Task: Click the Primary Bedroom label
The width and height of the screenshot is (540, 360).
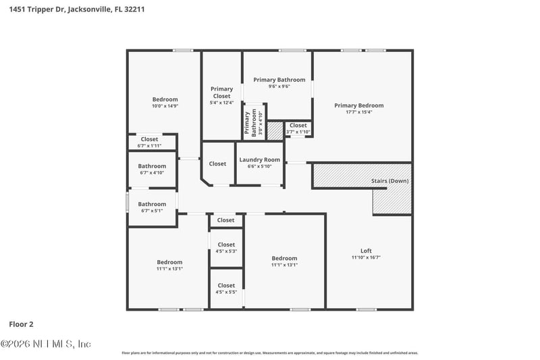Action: tap(358, 105)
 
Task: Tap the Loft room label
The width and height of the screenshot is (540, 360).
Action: tap(366, 251)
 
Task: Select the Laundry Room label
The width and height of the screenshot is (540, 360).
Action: tap(259, 160)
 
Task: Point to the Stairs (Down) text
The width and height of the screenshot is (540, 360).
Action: tap(389, 181)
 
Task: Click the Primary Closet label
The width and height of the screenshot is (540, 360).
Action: tap(221, 93)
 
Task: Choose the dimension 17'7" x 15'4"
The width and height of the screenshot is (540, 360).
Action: tap(358, 113)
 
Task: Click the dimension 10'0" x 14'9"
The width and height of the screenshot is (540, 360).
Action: tap(165, 106)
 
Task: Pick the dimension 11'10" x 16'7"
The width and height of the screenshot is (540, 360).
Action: tap(366, 257)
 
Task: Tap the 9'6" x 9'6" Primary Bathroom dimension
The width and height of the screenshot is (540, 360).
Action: tap(279, 86)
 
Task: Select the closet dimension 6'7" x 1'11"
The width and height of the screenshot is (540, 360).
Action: tap(149, 146)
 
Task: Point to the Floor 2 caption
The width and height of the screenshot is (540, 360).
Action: tap(21, 324)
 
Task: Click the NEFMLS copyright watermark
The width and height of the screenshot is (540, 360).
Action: tap(45, 344)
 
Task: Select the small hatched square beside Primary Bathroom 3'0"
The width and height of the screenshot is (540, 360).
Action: tap(275, 130)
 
